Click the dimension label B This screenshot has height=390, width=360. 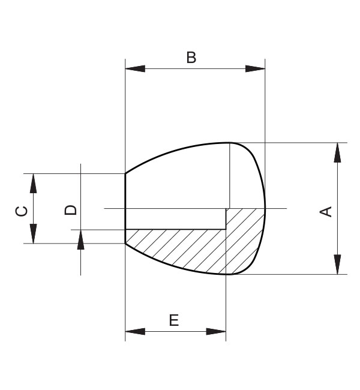click(x=191, y=58)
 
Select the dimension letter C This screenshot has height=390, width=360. click(x=20, y=211)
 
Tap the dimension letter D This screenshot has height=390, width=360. click(x=71, y=209)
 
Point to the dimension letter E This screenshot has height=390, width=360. click(x=174, y=320)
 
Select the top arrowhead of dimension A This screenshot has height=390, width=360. click(x=338, y=152)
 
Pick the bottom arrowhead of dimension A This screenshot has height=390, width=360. click(x=338, y=265)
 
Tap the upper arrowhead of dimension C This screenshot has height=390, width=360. click(x=34, y=183)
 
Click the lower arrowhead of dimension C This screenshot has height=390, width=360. click(x=34, y=234)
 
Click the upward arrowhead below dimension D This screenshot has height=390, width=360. click(x=80, y=239)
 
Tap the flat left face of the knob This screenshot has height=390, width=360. click(x=125, y=204)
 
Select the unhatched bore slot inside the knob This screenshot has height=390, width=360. click(x=174, y=219)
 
